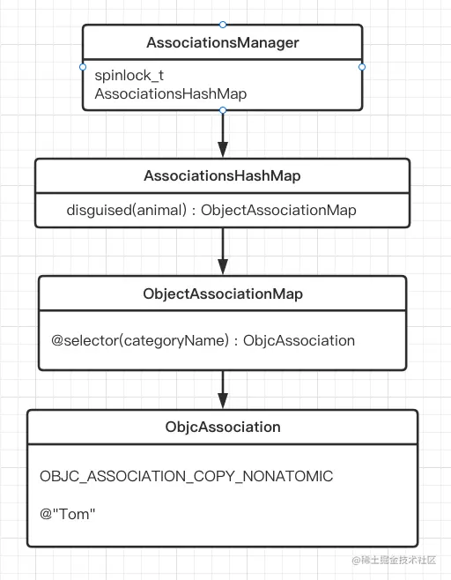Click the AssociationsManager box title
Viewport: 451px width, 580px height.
coord(222,42)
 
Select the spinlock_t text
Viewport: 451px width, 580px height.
coord(129,76)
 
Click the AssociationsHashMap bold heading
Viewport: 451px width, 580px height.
coord(222,176)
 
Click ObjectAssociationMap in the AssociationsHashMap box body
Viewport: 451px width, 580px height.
coord(279,211)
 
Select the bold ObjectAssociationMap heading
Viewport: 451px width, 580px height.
coord(222,294)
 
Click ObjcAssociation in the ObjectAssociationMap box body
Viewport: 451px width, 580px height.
coord(299,340)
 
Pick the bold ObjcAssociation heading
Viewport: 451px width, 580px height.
coord(222,427)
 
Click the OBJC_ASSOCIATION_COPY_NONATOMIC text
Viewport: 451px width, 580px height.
coord(187,476)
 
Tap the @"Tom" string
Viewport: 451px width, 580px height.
coord(67,514)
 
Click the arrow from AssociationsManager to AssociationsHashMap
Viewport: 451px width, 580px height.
coord(223,134)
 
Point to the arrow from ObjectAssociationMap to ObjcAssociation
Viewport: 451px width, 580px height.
coord(223,388)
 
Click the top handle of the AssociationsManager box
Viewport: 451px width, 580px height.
coord(223,25)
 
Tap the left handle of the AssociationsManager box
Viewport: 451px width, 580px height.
coord(83,67)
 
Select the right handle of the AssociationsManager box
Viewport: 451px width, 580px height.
coord(362,67)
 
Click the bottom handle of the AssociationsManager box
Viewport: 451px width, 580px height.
coord(223,110)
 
